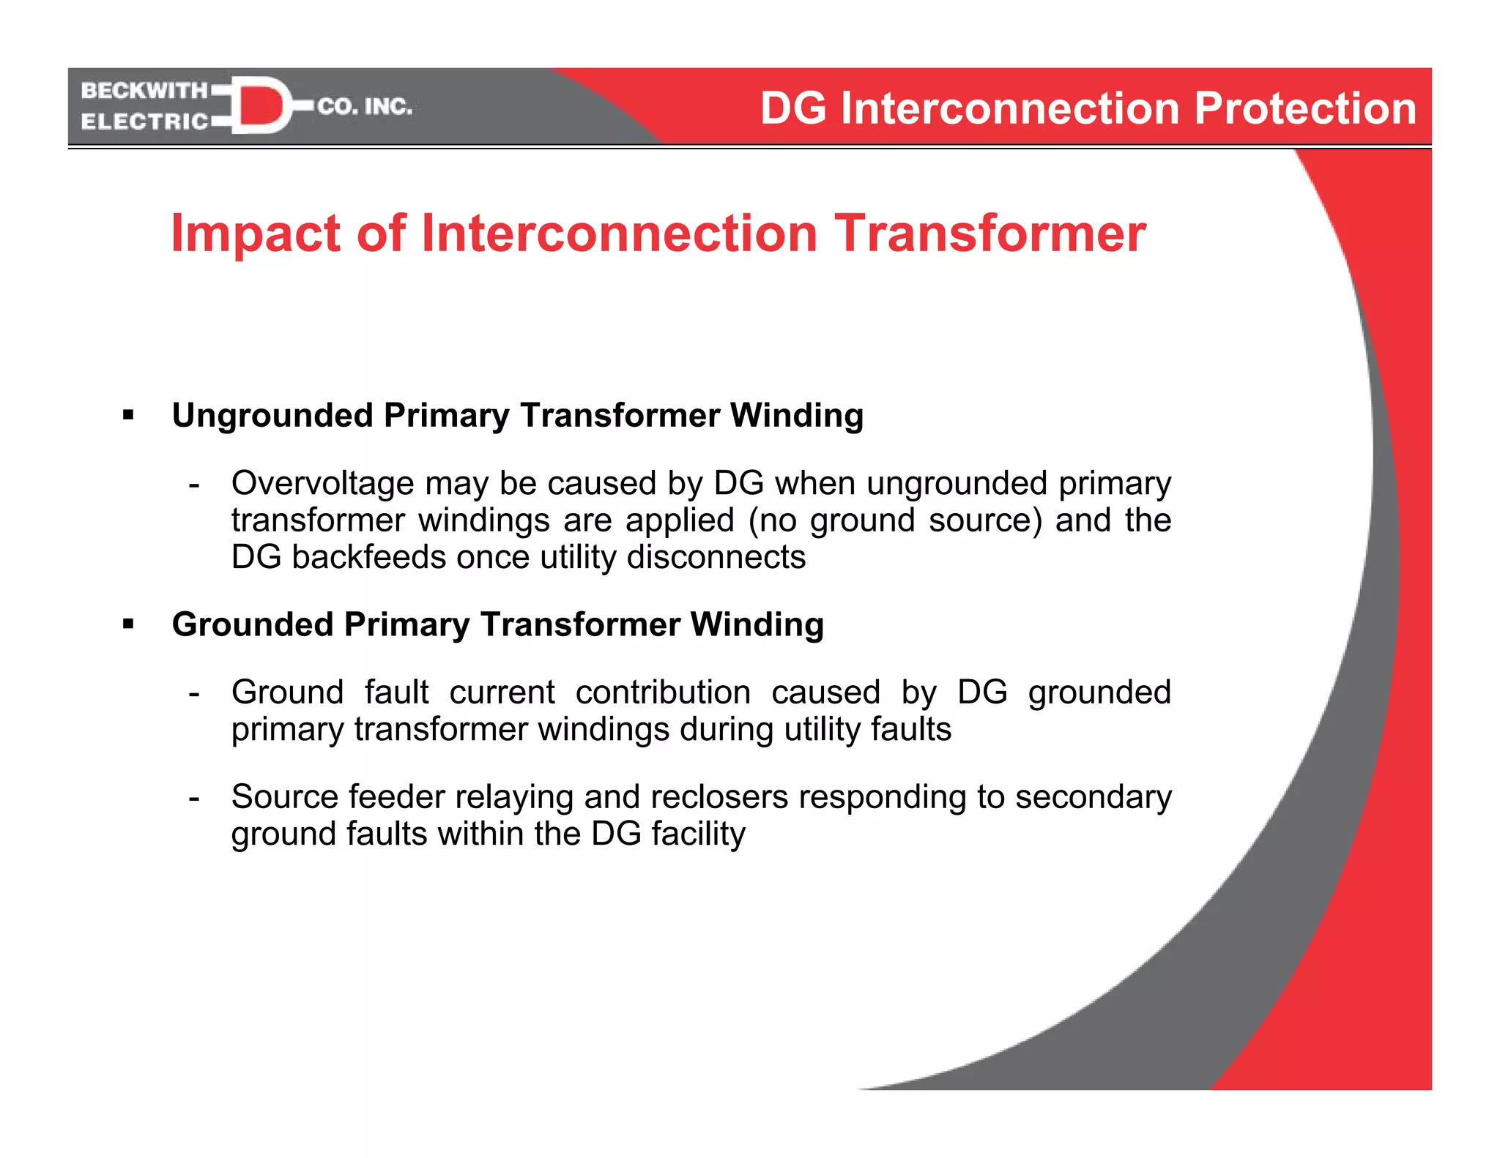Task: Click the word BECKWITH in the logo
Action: coord(144,91)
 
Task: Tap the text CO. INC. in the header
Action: coord(365,107)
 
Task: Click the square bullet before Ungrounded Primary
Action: coord(129,416)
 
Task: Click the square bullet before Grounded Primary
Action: coord(129,624)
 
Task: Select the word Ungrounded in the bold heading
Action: coord(272,416)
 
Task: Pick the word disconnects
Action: coord(716,557)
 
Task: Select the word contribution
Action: coord(663,692)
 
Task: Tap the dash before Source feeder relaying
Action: coord(194,797)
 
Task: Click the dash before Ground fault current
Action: coord(194,692)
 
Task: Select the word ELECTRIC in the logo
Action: coord(144,122)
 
